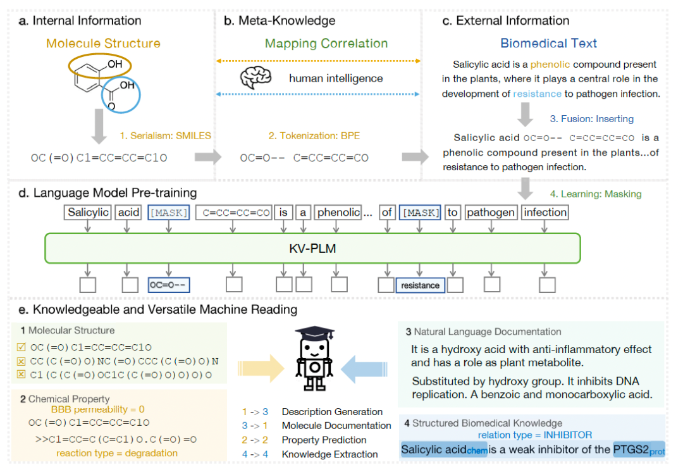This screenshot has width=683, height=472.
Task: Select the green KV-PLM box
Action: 312,249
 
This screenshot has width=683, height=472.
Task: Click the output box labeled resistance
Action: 420,285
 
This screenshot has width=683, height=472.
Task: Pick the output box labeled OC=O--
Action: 168,285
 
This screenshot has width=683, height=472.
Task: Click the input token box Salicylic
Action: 89,213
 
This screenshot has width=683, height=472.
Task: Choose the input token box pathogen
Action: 491,213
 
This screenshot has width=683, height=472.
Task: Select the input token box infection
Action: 545,213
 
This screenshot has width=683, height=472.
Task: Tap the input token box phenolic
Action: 338,213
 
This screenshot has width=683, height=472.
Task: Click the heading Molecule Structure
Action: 103,44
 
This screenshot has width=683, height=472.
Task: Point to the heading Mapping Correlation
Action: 326,44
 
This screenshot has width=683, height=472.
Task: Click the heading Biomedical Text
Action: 548,44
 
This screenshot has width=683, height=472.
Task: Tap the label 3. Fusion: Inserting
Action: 591,118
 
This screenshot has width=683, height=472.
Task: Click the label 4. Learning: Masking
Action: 596,194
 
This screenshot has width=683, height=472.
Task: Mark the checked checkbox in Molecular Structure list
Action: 21,347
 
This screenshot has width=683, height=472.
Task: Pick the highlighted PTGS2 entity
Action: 639,450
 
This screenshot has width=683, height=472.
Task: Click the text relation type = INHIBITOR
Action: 535,435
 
